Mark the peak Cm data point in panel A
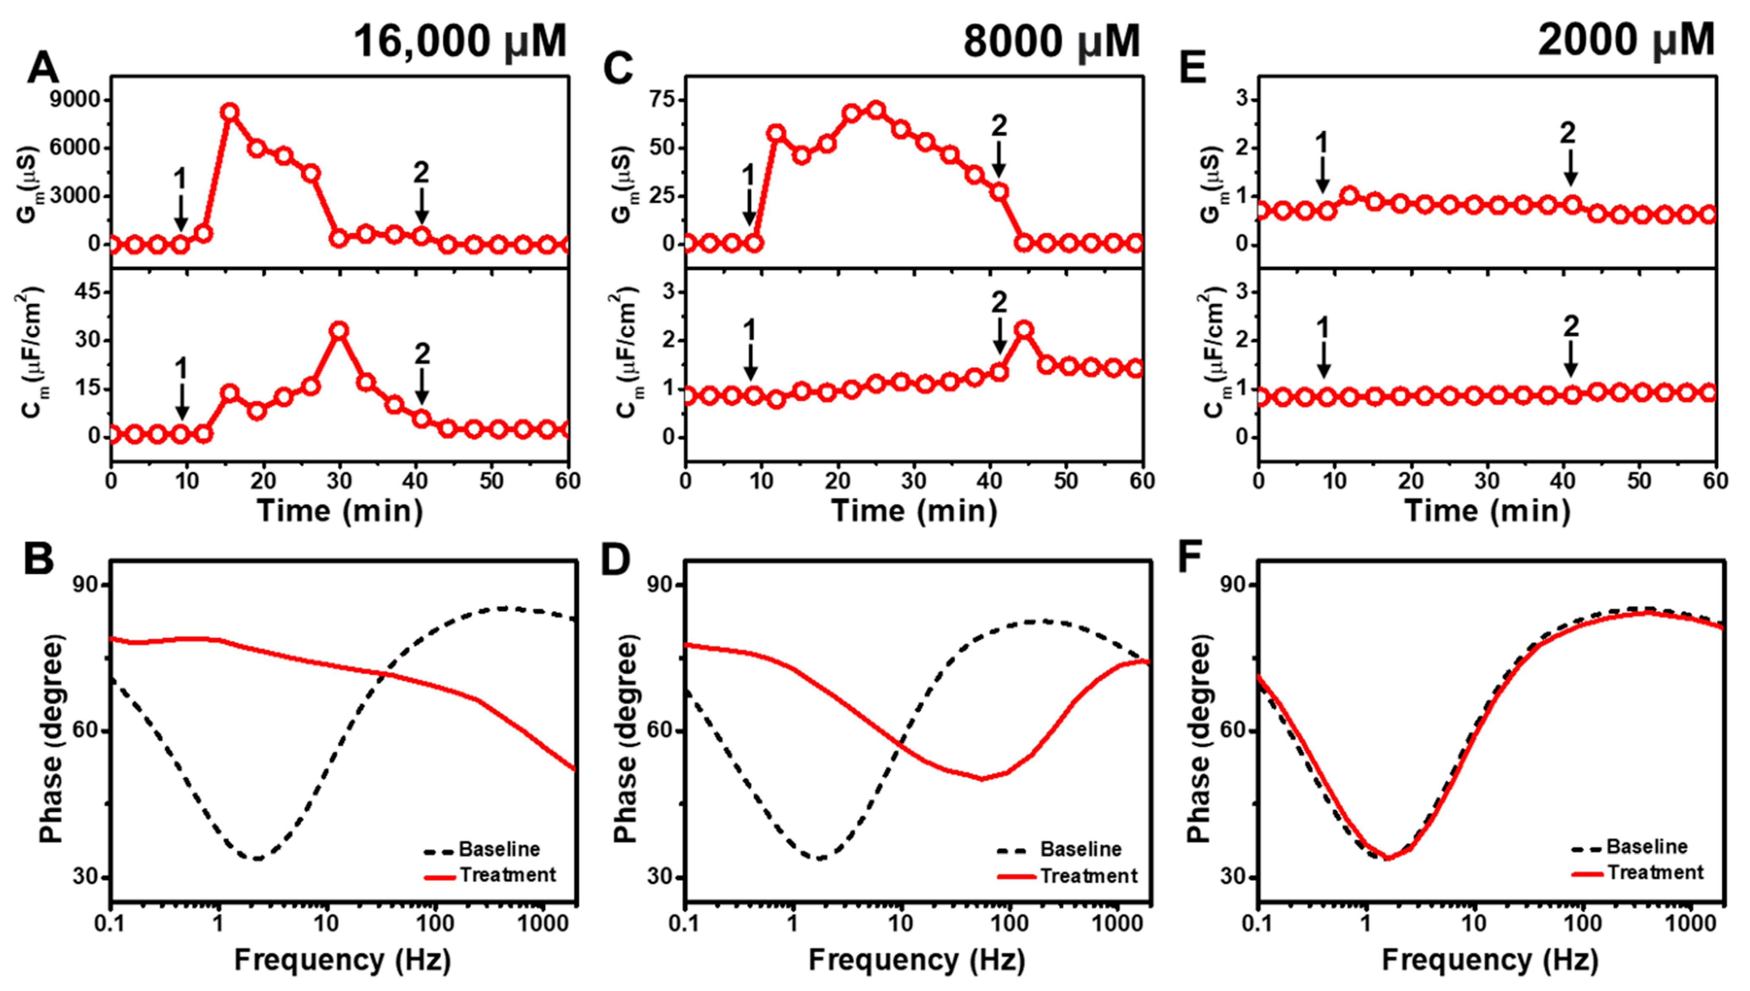click(339, 331)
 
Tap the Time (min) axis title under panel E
click(1487, 510)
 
